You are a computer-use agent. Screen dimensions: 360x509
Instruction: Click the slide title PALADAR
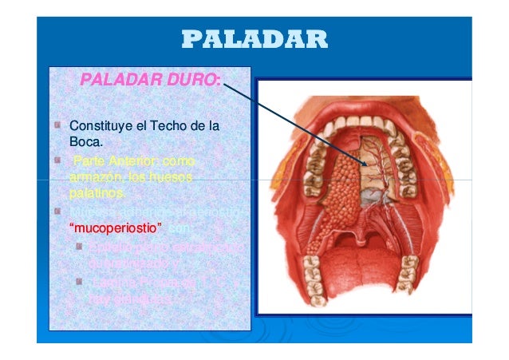tap(254, 39)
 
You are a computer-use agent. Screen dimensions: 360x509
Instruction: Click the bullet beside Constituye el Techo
tap(61, 125)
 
